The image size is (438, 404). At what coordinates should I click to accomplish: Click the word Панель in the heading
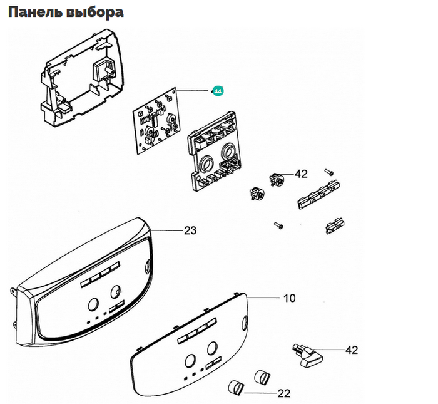tap(35, 12)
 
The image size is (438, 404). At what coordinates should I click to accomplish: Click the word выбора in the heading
tap(95, 13)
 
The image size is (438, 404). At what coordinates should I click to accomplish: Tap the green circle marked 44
tap(218, 91)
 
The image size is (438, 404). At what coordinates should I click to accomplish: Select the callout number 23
tap(190, 230)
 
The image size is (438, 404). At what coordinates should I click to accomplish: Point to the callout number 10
tap(289, 298)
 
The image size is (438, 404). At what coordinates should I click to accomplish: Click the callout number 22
tap(284, 393)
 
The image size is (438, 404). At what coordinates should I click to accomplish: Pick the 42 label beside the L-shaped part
tap(352, 350)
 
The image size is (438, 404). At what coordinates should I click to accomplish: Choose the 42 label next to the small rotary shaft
tap(301, 174)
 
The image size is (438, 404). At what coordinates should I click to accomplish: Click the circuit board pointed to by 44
tap(157, 120)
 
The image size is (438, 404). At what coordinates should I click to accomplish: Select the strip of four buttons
tap(318, 195)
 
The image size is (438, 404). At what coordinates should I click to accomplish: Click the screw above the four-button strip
tap(329, 172)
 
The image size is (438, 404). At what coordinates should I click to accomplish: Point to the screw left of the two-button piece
tap(278, 225)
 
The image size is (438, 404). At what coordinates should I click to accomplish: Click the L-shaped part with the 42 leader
tap(307, 355)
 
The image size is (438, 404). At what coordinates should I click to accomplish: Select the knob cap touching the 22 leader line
tap(237, 388)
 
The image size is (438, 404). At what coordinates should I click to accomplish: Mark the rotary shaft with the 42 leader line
tap(276, 179)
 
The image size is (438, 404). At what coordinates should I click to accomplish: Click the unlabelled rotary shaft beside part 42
tap(257, 194)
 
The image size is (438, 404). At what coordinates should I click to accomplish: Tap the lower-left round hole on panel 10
tap(190, 361)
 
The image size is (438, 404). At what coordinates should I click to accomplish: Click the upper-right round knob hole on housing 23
tap(115, 292)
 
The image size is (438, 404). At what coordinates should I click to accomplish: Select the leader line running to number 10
tap(263, 298)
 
